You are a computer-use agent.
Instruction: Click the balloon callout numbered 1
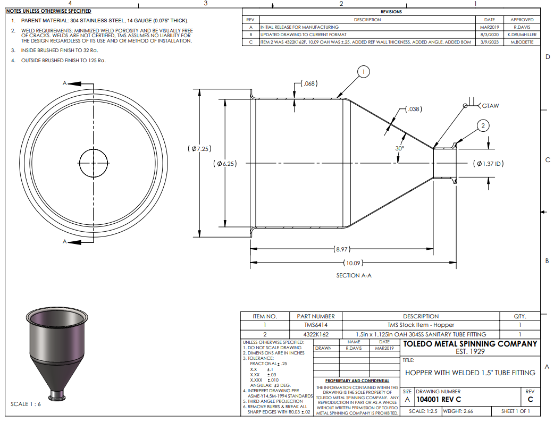363,72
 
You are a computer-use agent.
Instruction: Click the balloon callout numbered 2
483,126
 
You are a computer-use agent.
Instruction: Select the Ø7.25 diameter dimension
199,149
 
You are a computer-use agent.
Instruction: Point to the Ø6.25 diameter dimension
225,164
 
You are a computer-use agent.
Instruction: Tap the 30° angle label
400,148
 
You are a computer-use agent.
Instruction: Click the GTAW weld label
490,106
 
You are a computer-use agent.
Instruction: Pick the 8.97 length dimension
342,249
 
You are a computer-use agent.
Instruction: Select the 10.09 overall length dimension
354,263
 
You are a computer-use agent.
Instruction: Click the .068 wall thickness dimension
309,83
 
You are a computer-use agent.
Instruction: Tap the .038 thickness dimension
414,109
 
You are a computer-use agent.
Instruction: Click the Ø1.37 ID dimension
489,164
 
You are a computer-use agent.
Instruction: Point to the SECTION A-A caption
354,275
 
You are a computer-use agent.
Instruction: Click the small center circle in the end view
94,149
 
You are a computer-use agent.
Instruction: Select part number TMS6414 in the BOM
316,325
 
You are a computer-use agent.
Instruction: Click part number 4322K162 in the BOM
316,334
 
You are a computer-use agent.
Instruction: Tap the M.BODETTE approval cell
522,42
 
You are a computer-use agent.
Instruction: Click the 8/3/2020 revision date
489,35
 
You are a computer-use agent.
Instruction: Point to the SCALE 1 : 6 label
26,404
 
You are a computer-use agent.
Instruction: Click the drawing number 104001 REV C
439,399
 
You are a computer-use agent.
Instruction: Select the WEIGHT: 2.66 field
458,411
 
